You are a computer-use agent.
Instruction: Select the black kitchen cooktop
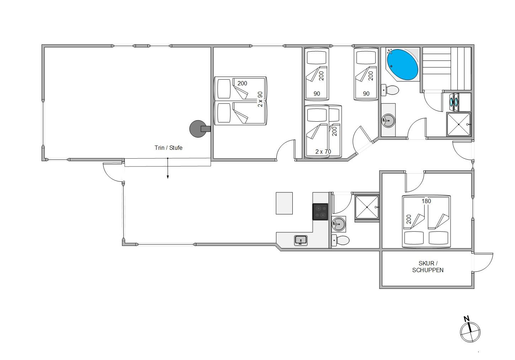pyautogui.click(x=320, y=212)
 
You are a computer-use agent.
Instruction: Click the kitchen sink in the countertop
pyautogui.click(x=301, y=240)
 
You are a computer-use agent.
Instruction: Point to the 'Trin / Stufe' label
pyautogui.click(x=169, y=148)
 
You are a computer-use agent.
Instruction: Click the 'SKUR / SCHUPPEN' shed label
pyautogui.click(x=428, y=267)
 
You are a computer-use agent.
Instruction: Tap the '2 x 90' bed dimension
pyautogui.click(x=260, y=99)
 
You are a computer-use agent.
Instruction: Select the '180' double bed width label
pyautogui.click(x=426, y=201)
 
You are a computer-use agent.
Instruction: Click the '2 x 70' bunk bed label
pyautogui.click(x=323, y=152)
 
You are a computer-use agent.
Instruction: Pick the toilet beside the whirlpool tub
pyautogui.click(x=390, y=90)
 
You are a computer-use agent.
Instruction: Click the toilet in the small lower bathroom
pyautogui.click(x=340, y=240)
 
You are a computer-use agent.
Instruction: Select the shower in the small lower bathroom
pyautogui.click(x=367, y=207)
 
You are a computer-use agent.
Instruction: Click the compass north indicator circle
pyautogui.click(x=470, y=332)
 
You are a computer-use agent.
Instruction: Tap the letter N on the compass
pyautogui.click(x=467, y=319)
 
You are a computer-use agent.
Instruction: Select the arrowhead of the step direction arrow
pyautogui.click(x=168, y=177)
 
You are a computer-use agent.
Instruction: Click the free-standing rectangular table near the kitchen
pyautogui.click(x=284, y=203)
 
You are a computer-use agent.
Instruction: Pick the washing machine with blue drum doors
pyautogui.click(x=454, y=102)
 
